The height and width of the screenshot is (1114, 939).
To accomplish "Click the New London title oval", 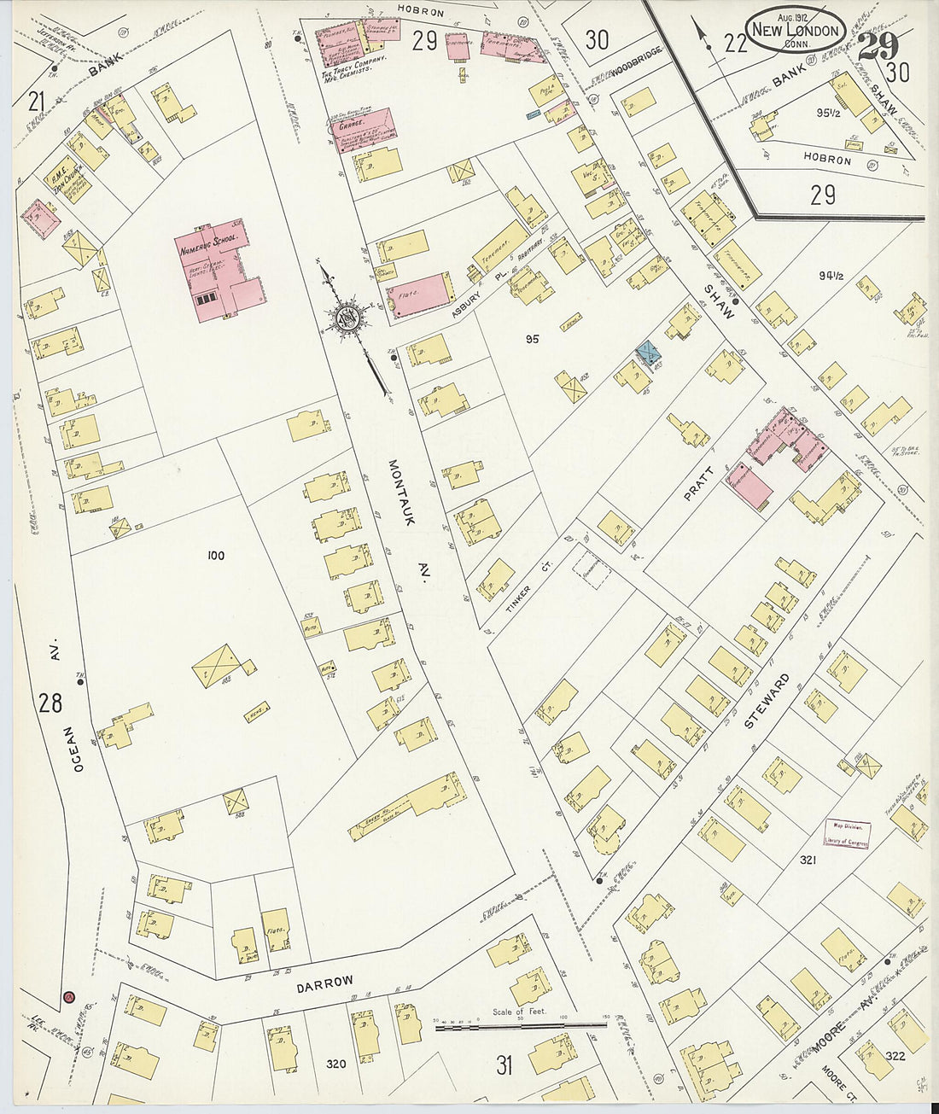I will tap(796, 30).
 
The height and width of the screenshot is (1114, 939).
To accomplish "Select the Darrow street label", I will tap(324, 983).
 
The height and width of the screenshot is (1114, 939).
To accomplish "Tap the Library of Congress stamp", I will tap(847, 833).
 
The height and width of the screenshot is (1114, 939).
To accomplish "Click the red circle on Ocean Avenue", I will tap(68, 996).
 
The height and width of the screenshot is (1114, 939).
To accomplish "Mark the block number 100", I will tap(215, 556).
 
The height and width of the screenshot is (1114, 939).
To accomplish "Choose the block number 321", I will tap(808, 860).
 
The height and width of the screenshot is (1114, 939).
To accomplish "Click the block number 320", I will tap(335, 1064).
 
